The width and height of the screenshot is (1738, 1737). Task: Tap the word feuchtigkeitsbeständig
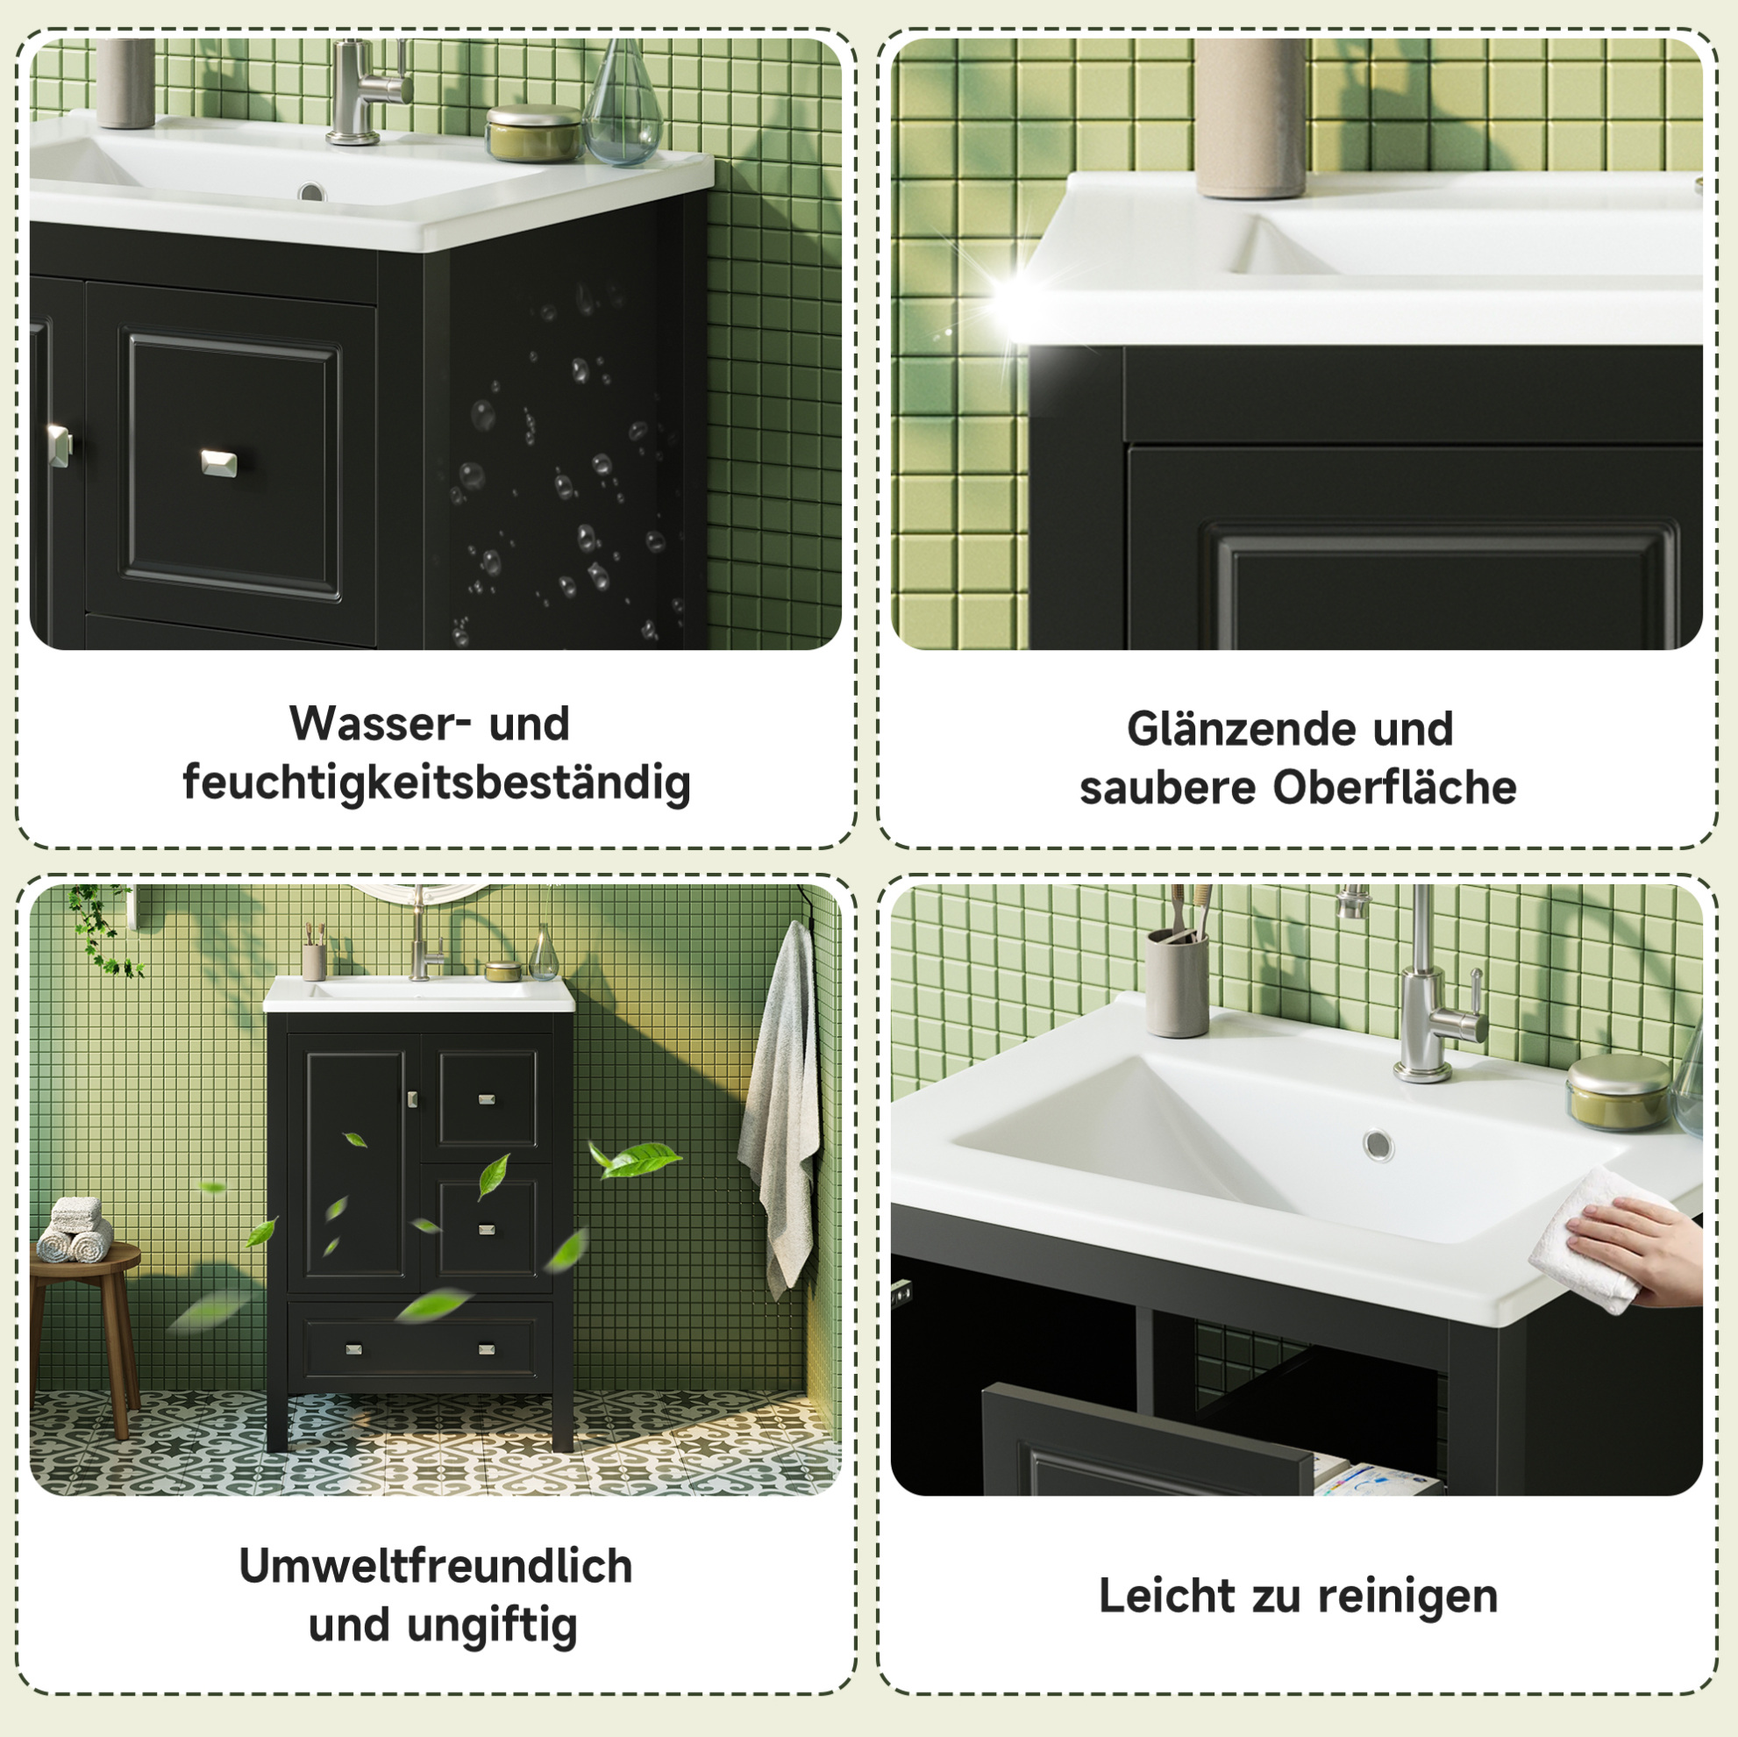point(437,783)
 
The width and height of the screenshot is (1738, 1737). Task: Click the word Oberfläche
point(1393,788)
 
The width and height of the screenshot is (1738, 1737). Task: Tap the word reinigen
point(1408,1598)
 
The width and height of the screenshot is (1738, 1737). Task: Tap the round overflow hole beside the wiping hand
point(1378,1146)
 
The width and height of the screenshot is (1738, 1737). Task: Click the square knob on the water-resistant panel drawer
point(218,462)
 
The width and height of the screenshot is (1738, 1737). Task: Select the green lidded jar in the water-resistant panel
point(533,133)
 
